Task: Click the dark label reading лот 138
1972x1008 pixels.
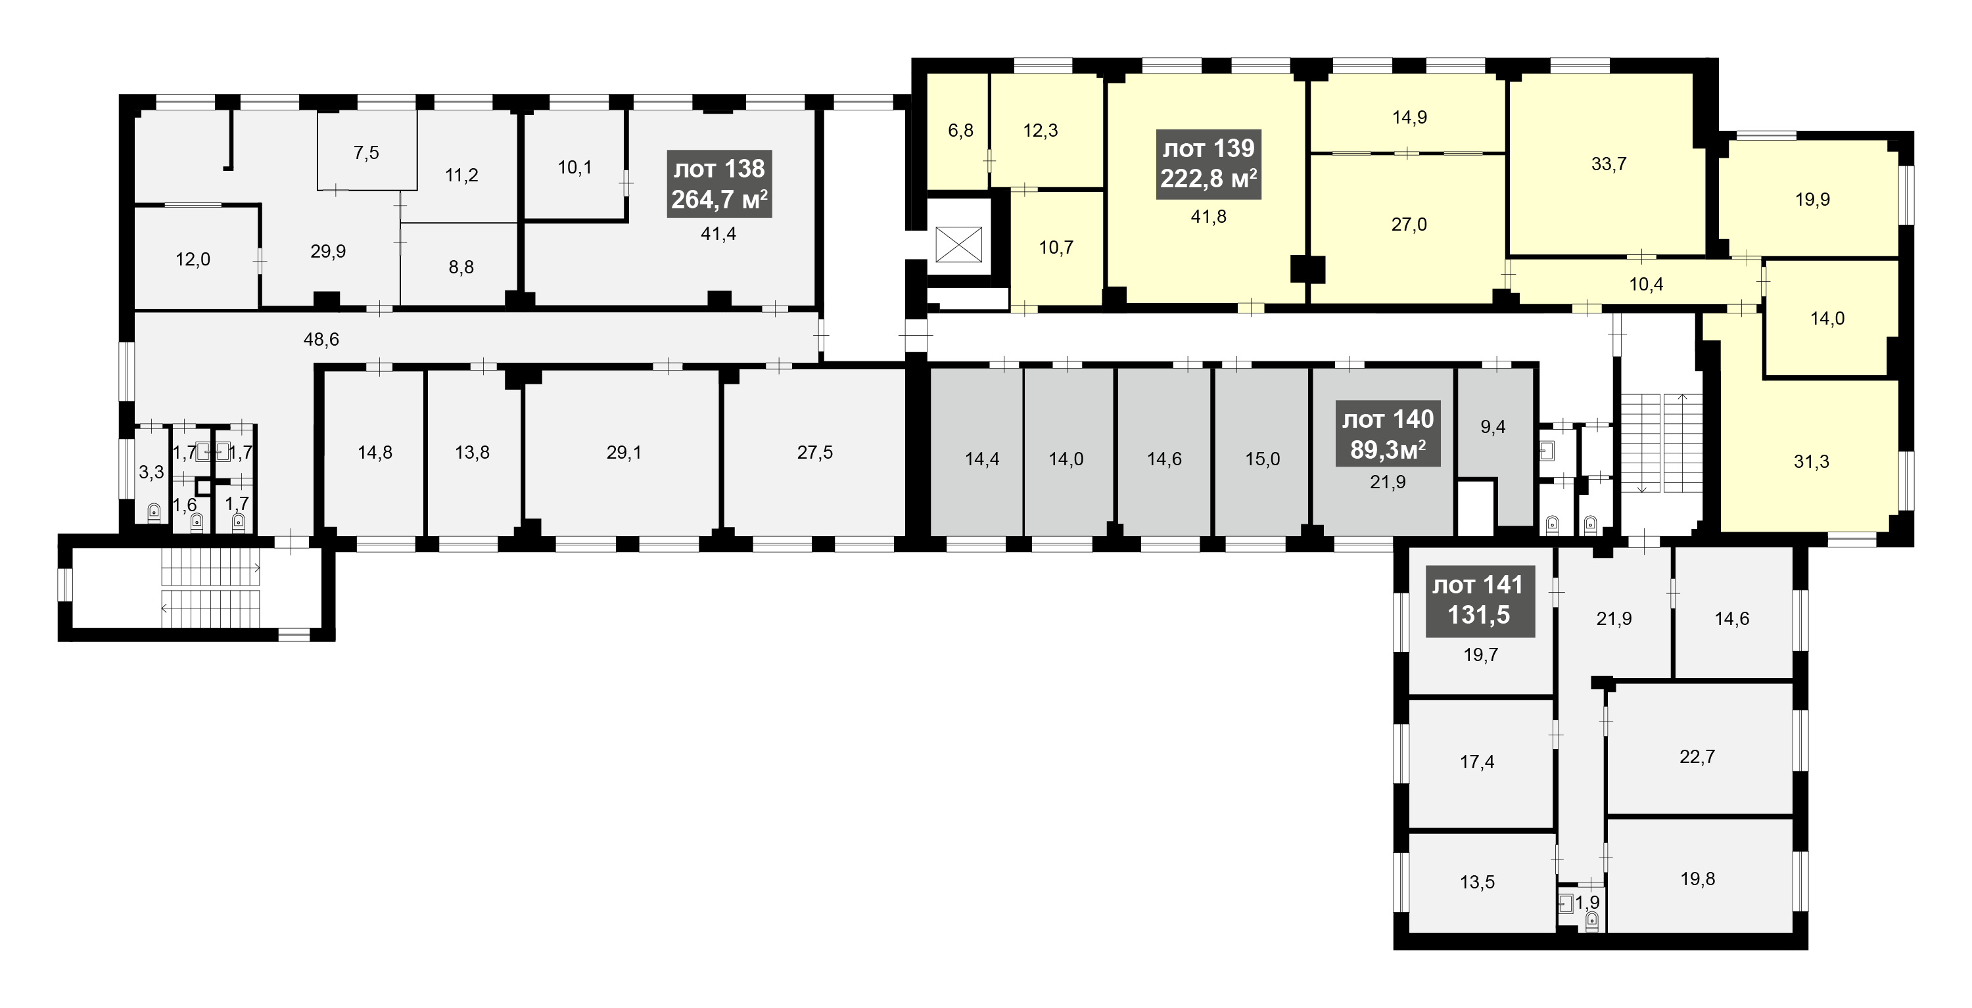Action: [x=719, y=184]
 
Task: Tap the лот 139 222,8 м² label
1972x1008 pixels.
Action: [x=1209, y=163]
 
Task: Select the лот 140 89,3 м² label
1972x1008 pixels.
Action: [x=1388, y=433]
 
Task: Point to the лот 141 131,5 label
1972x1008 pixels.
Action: [x=1480, y=601]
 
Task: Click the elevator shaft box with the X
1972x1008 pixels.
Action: [x=958, y=244]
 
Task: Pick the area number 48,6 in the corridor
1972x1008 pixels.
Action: [x=321, y=339]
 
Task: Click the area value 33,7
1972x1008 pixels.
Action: [x=1608, y=164]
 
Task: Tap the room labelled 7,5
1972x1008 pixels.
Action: [x=367, y=152]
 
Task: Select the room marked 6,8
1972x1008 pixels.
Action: [x=961, y=130]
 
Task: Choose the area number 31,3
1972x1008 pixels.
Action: [x=1811, y=461]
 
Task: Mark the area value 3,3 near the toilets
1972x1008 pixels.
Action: [x=152, y=472]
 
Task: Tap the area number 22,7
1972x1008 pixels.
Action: [x=1697, y=756]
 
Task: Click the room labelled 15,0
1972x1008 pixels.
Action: [x=1262, y=459]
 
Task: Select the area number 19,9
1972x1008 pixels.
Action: [x=1813, y=199]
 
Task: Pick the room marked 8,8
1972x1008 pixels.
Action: [x=461, y=267]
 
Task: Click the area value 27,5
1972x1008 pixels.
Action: [x=815, y=452]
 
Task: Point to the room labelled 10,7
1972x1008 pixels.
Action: [x=1056, y=247]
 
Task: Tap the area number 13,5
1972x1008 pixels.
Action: [x=1478, y=882]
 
